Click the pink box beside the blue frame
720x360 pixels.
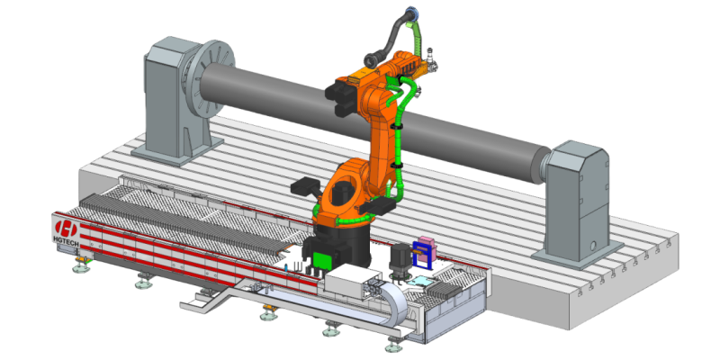coord(426,246)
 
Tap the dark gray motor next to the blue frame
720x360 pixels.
coord(400,259)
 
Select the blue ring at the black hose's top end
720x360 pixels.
coord(411,13)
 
